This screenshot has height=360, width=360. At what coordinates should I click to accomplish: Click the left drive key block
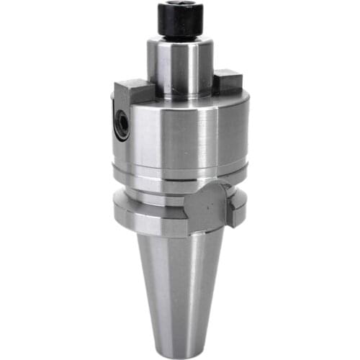click(130, 93)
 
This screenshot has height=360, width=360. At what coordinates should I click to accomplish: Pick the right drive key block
click(231, 79)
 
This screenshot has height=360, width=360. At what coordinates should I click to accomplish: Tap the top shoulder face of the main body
click(180, 96)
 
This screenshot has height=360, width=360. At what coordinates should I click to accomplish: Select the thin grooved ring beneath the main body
click(180, 171)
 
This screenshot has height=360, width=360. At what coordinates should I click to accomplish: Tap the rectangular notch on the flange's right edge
click(235, 208)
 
